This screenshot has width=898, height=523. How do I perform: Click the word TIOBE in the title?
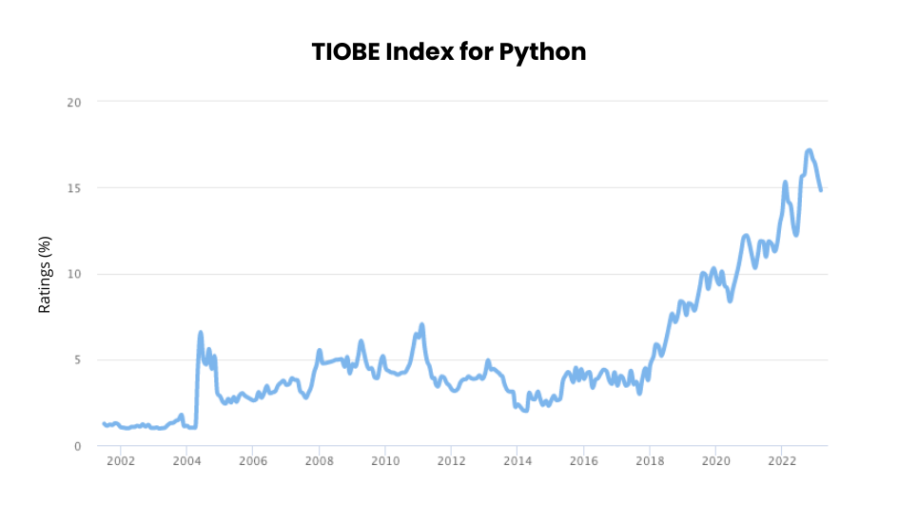click(x=344, y=51)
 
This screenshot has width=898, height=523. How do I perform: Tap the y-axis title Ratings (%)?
click(x=45, y=274)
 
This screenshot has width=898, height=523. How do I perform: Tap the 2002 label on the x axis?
click(x=121, y=461)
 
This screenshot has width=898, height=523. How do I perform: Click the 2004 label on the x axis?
click(x=186, y=461)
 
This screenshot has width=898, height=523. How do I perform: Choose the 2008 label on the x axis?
click(x=319, y=461)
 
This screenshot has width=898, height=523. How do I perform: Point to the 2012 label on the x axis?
click(x=451, y=461)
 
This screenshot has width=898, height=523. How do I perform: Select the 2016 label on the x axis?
click(x=583, y=461)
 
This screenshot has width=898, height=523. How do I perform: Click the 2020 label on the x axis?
click(x=715, y=461)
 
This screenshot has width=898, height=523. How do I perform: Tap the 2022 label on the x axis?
click(x=781, y=461)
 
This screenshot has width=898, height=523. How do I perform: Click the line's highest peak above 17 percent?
click(x=809, y=150)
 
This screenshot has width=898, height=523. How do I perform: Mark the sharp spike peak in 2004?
click(x=201, y=332)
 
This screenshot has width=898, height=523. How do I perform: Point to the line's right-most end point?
click(x=820, y=190)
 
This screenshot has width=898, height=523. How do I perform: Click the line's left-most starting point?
click(x=104, y=423)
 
